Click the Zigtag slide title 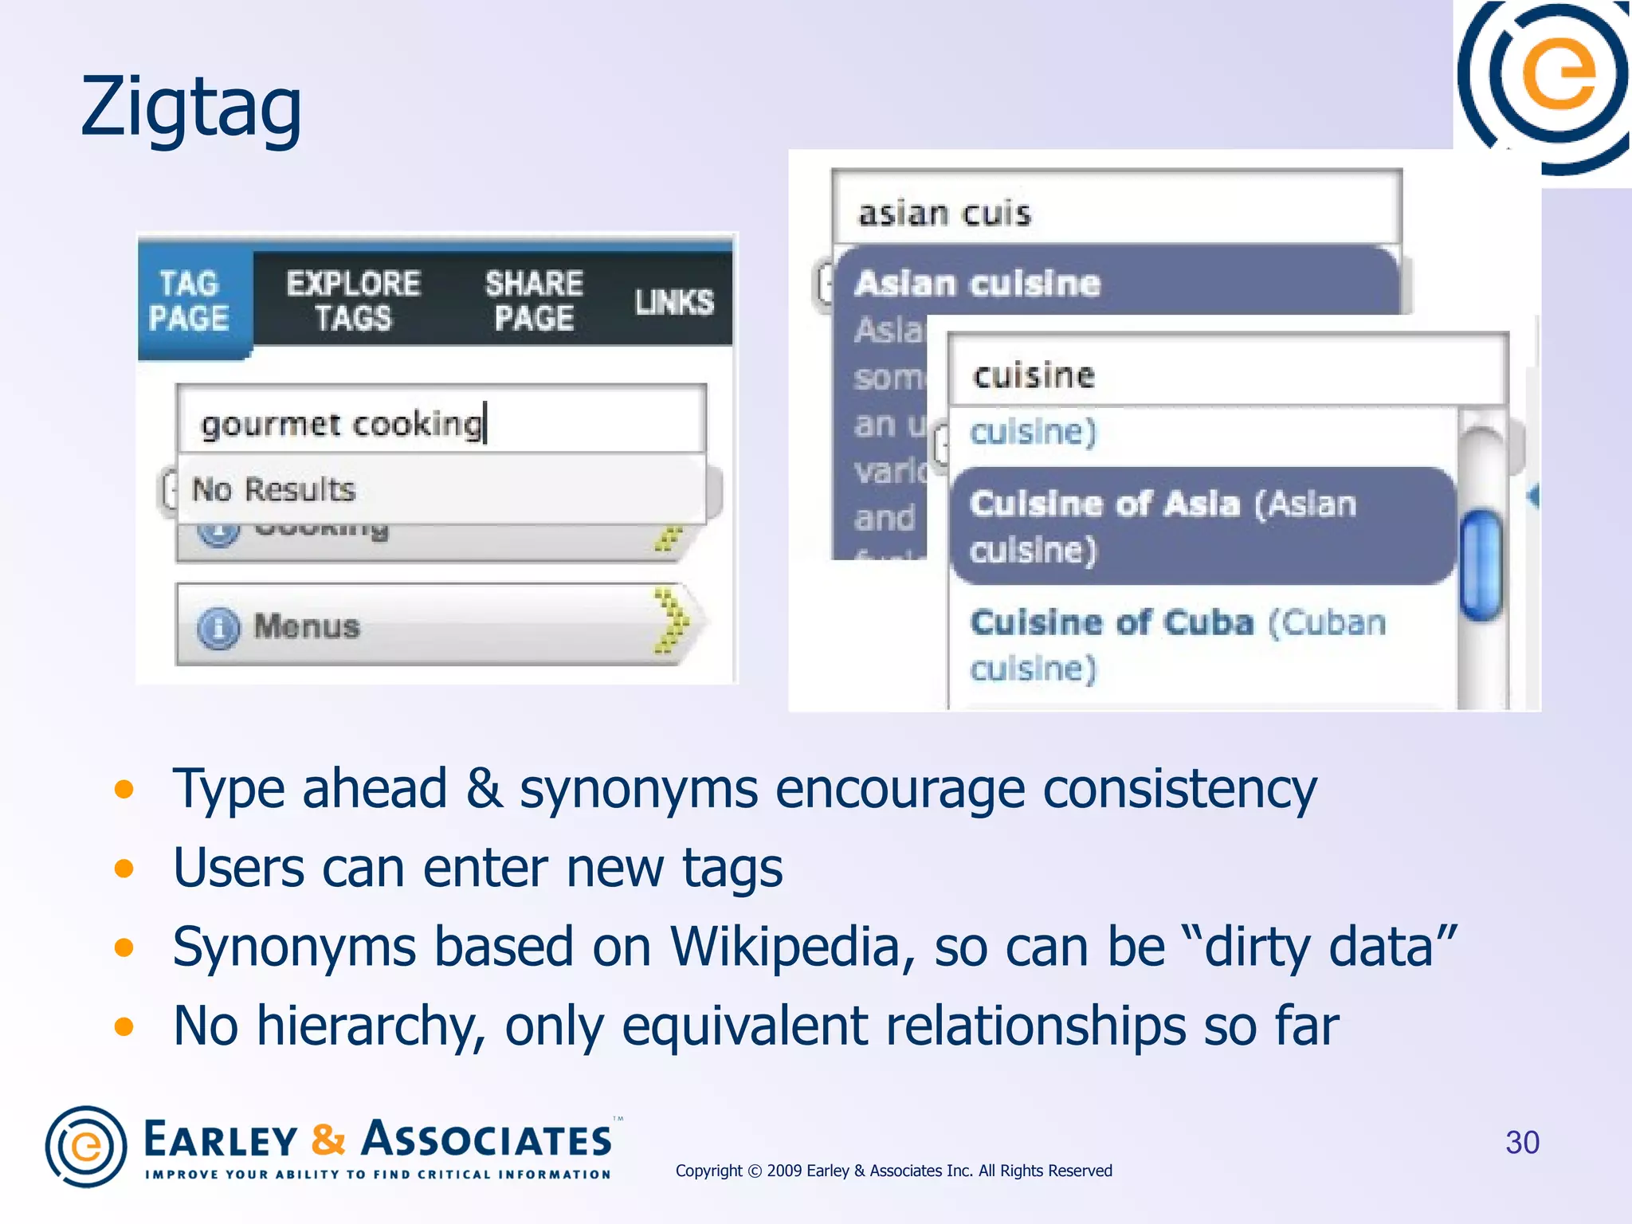191,108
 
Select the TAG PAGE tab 190,301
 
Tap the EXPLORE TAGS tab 353,301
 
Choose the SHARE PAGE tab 534,301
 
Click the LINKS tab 674,302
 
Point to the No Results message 274,489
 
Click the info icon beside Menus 218,628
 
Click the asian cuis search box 1116,212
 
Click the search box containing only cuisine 1227,375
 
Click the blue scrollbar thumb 1481,564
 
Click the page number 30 1521,1143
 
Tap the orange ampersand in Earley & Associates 328,1140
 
